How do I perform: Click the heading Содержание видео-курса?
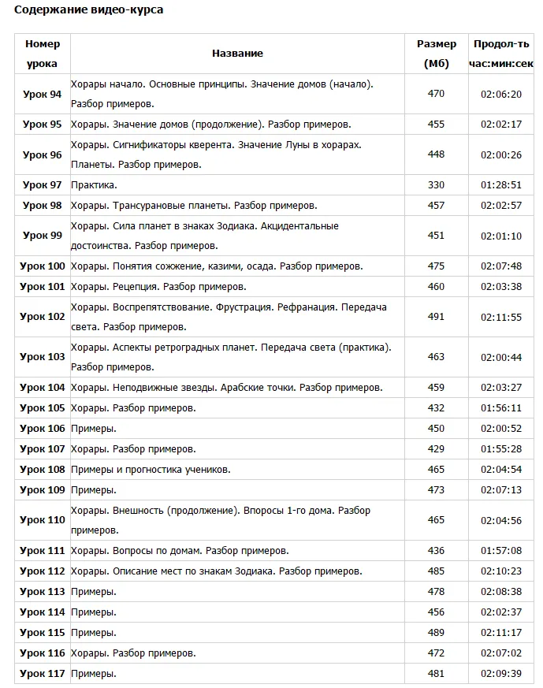coord(88,10)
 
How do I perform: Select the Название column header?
coord(237,54)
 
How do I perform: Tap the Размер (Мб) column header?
coord(436,54)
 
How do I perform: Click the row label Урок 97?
coord(43,185)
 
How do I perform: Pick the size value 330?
coord(436,185)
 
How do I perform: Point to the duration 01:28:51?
coord(501,185)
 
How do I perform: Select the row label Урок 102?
coord(43,317)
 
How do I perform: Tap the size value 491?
coord(436,317)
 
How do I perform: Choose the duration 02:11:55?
coord(501,317)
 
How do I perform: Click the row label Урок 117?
coord(43,674)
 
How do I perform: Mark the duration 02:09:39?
coord(501,674)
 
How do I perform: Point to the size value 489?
coord(436,633)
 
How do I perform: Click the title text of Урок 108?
coord(151,470)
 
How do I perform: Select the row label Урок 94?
coord(43,95)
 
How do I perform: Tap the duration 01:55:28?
coord(501,449)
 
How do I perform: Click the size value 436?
coord(436,551)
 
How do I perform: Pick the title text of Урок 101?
coord(158,287)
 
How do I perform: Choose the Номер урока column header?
coord(43,54)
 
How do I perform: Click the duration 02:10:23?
coord(501,571)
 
